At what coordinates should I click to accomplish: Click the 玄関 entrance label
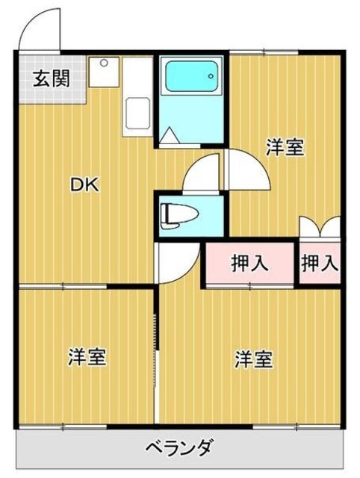pos(51,78)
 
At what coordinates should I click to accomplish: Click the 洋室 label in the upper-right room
pos(285,147)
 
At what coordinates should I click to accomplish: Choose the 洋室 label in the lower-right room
pos(252,359)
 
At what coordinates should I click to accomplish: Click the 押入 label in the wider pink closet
pos(250,263)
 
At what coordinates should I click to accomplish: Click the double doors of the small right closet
pos(320,226)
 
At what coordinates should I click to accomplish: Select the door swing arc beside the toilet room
pos(203,172)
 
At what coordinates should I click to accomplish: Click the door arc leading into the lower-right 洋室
pos(176,263)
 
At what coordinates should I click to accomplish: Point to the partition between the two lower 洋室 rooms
pos(156,358)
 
